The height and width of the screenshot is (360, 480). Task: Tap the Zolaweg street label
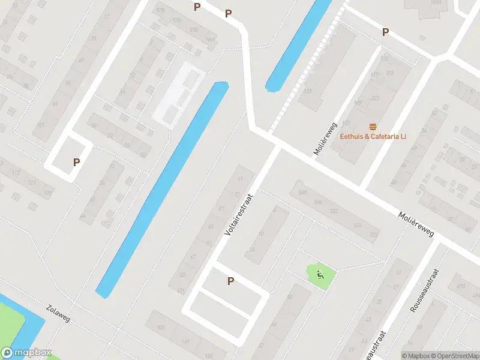point(58,313)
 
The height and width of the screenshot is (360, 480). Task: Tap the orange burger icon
point(373,126)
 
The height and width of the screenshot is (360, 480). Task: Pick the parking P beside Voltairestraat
point(230,281)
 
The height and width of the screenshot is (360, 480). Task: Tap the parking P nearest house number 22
point(76,162)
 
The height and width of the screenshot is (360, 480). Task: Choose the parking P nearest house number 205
point(386,32)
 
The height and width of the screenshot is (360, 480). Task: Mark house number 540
point(302,193)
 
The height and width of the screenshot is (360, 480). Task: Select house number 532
point(334,211)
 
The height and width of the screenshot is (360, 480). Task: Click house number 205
point(389,73)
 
